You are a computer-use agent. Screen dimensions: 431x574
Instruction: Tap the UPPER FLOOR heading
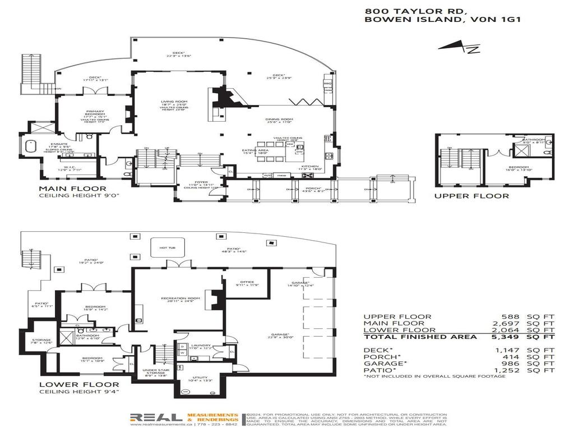(472, 196)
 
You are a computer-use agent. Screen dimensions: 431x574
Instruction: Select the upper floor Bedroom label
(518, 167)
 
